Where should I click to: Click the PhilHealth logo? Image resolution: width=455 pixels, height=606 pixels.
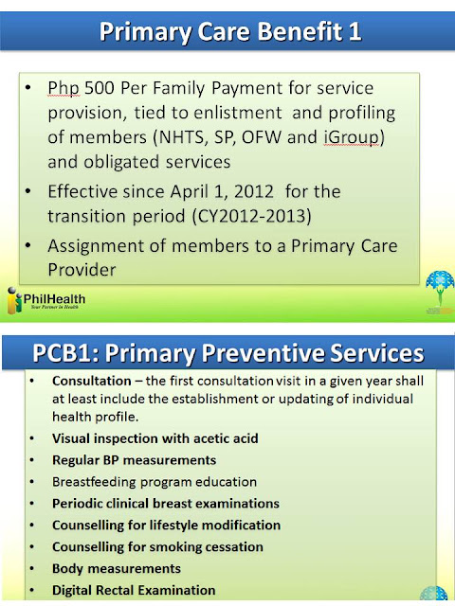[46, 300]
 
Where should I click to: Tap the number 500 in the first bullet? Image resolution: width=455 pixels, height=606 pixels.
[100, 88]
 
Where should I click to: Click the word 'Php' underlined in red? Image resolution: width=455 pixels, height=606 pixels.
[64, 89]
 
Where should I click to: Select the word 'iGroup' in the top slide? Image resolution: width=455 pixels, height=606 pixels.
[352, 137]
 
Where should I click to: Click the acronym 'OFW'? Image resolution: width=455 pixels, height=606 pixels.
[262, 137]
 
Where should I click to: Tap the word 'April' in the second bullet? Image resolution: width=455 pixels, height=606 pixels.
[192, 192]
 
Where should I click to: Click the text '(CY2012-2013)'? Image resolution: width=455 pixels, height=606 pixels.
[252, 216]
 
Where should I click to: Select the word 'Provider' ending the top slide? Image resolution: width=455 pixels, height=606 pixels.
[82, 269]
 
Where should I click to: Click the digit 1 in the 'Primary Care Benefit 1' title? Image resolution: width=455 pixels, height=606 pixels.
[355, 31]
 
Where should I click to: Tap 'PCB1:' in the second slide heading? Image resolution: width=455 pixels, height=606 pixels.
[65, 353]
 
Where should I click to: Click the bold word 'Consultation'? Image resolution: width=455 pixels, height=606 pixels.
[92, 381]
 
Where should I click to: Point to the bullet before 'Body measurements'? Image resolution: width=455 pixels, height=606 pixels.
[31, 569]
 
